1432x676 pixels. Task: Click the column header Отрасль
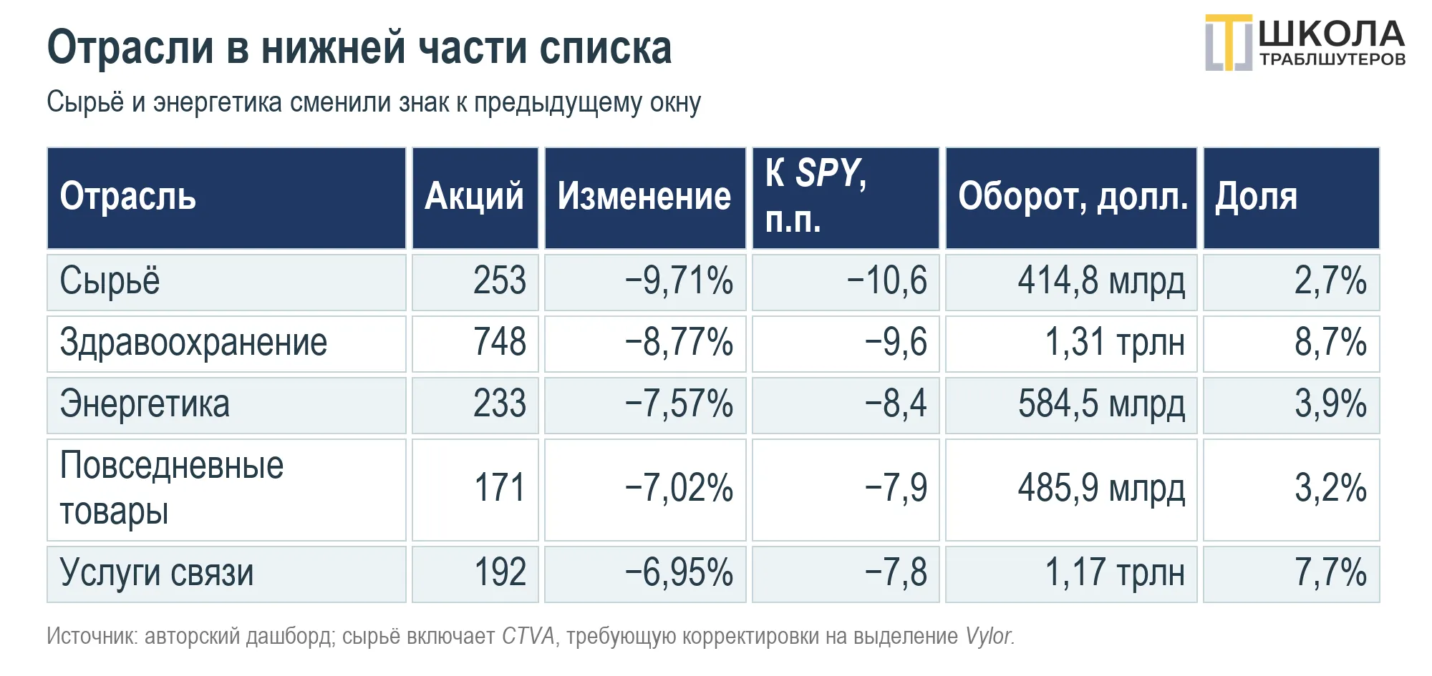(127, 197)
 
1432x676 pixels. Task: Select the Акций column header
(474, 197)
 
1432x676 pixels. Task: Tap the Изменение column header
(644, 197)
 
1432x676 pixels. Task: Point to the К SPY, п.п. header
(816, 196)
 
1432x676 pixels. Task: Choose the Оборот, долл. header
(1073, 197)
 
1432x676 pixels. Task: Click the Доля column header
(1257, 197)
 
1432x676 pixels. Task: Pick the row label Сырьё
(110, 281)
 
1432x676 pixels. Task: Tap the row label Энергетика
(145, 404)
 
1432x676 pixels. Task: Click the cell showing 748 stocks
(500, 343)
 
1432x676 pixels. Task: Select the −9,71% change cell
(679, 281)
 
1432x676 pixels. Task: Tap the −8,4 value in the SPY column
(896, 404)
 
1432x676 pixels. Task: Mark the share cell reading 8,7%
(1330, 343)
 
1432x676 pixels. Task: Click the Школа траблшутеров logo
(1305, 43)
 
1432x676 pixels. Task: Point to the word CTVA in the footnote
(528, 636)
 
